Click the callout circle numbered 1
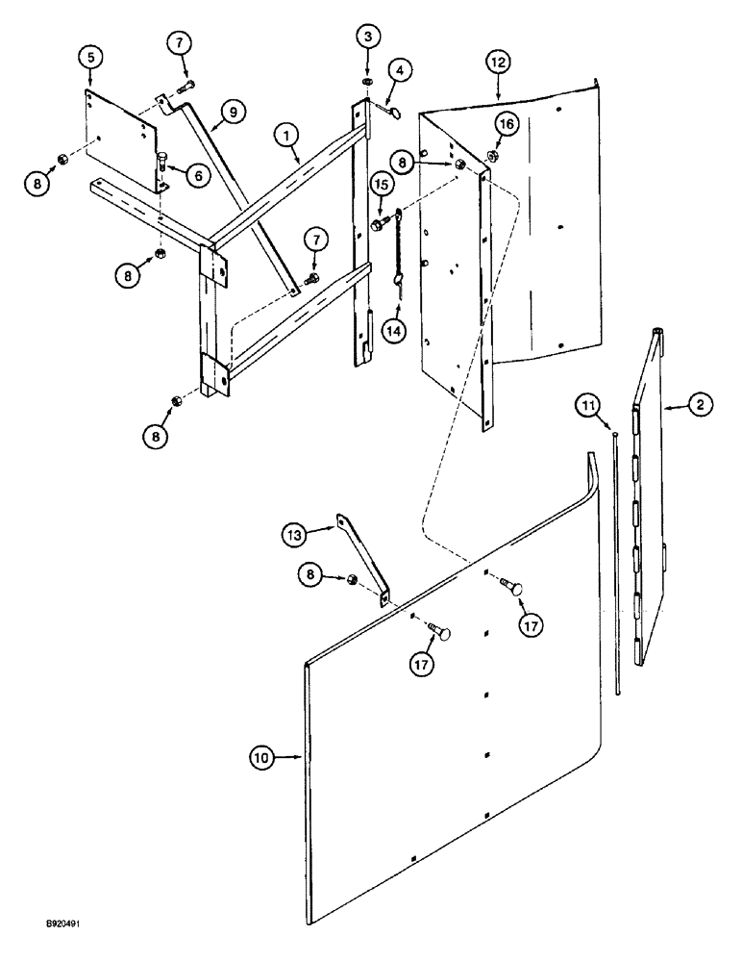285,137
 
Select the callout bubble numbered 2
699,406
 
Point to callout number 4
401,70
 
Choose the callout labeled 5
90,57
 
